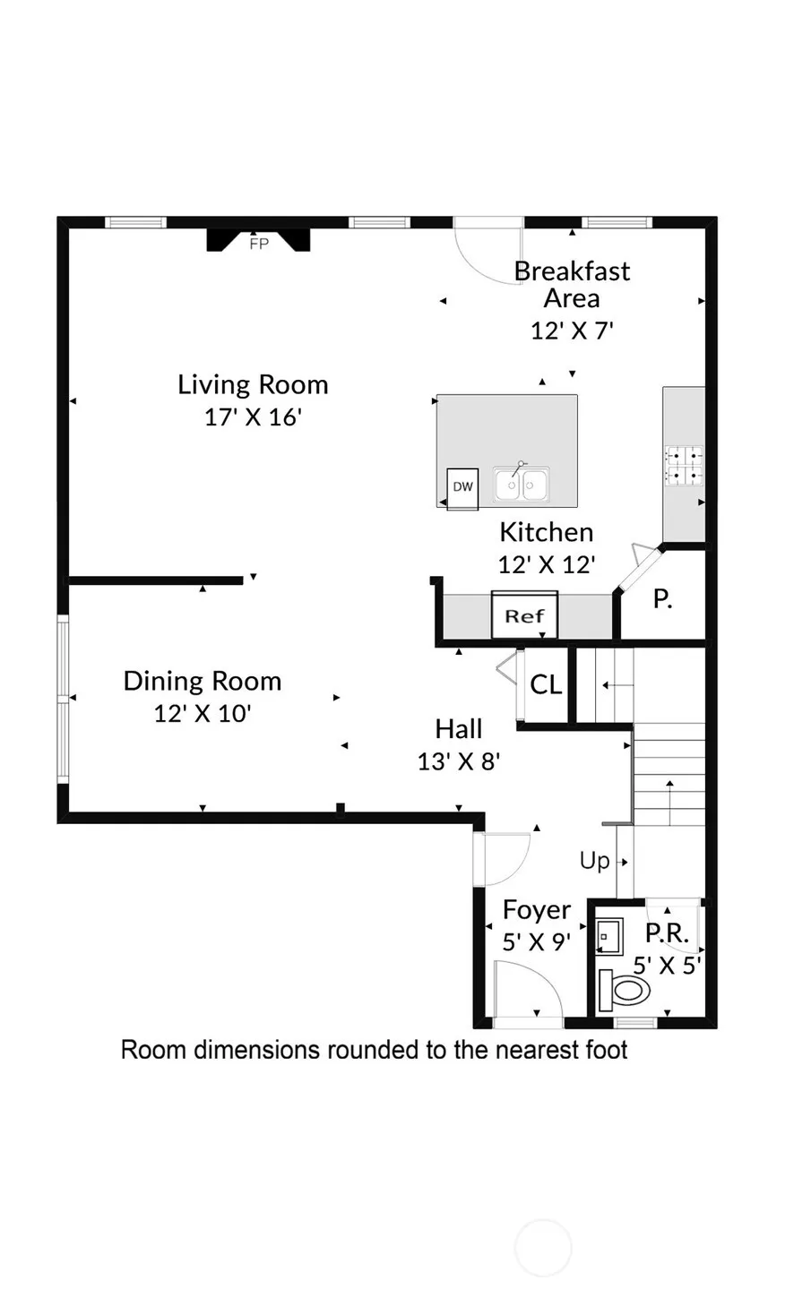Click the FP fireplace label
[259, 244]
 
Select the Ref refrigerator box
[524, 614]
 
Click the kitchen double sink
[521, 484]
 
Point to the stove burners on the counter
[684, 466]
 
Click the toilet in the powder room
[624, 991]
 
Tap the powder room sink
[608, 937]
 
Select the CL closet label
[546, 684]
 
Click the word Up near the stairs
[594, 861]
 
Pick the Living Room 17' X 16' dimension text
[254, 417]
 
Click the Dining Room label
[203, 682]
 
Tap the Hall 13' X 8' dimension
[459, 762]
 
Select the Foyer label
[537, 910]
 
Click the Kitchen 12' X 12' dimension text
[546, 565]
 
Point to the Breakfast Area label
[572, 285]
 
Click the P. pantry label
[662, 599]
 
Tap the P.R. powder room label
[667, 932]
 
